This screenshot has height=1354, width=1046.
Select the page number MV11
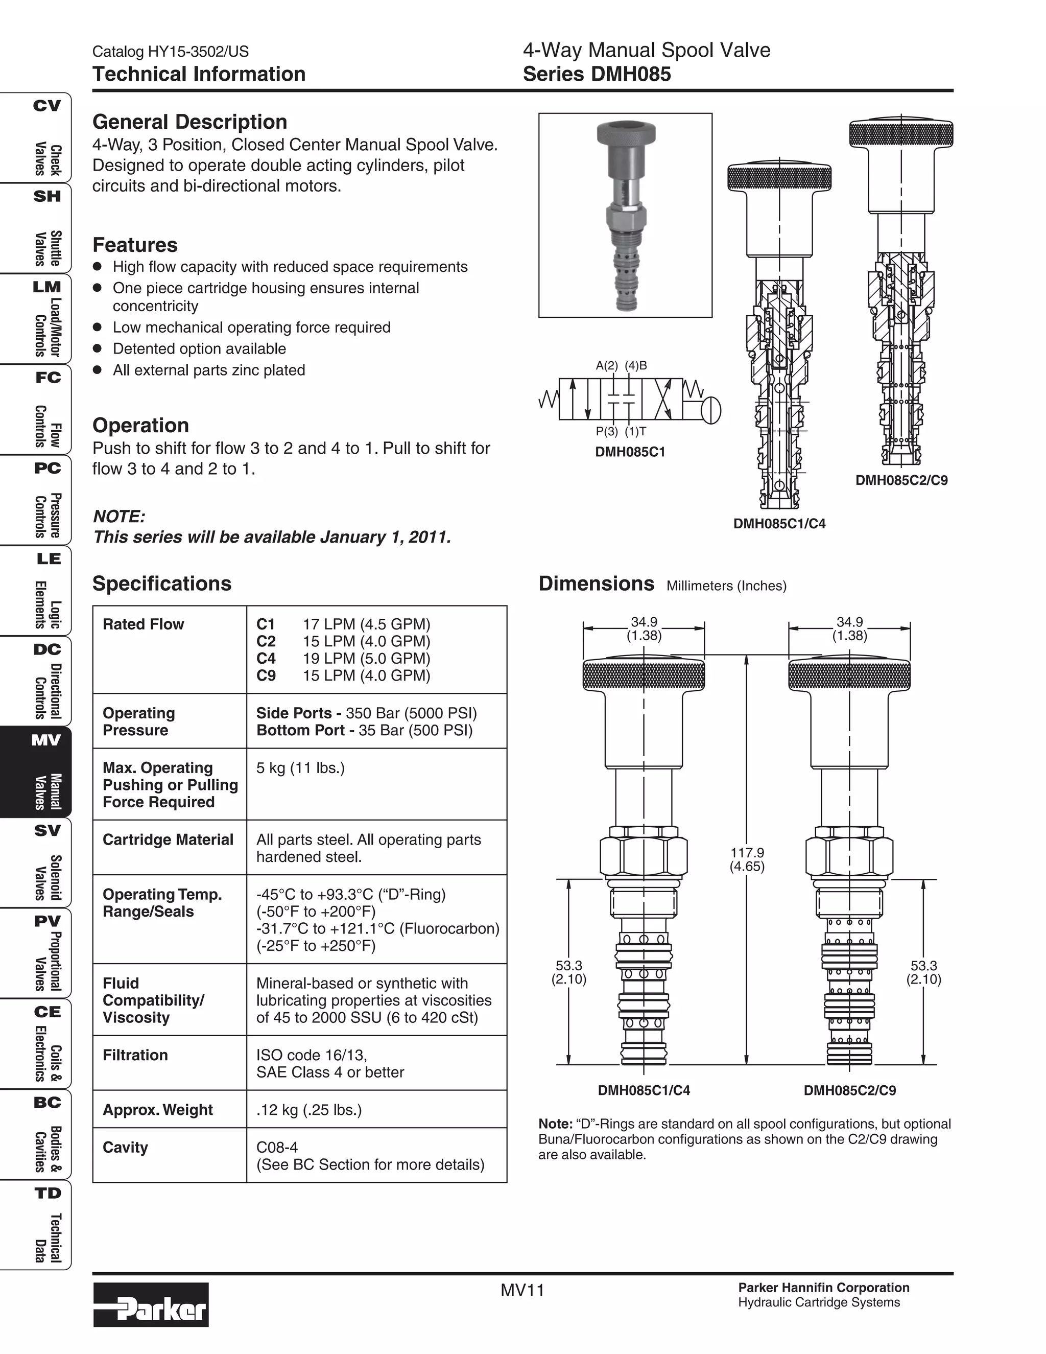[x=522, y=1290]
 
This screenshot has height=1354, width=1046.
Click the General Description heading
[x=189, y=122]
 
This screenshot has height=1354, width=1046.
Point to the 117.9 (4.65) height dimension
[x=746, y=859]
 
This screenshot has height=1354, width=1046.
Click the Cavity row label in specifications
[x=125, y=1148]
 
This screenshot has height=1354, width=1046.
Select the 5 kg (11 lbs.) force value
[x=300, y=768]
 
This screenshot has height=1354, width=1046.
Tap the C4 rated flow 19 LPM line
[x=344, y=659]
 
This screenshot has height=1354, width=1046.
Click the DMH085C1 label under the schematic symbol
[x=630, y=452]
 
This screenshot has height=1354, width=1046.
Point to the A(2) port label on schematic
[x=607, y=365]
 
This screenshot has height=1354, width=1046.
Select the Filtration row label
[x=135, y=1055]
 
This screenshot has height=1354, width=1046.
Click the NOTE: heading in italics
[x=119, y=517]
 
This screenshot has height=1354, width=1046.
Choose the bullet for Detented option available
[x=97, y=348]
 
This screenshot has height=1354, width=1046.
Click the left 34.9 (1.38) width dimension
[x=644, y=628]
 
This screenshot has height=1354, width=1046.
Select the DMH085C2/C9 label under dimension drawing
[x=849, y=1090]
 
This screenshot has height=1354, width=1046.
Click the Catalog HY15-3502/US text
[x=171, y=52]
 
